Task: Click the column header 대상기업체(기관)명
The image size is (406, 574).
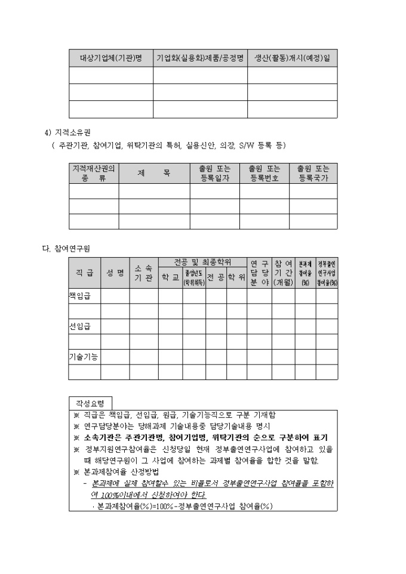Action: (110, 58)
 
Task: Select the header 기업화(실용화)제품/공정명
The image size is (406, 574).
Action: (200, 58)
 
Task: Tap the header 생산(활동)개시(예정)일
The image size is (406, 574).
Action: (292, 58)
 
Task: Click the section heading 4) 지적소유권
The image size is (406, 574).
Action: (72, 132)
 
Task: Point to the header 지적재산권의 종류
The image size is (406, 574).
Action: (93, 173)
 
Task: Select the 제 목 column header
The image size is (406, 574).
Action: (154, 173)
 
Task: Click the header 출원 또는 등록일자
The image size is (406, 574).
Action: (215, 173)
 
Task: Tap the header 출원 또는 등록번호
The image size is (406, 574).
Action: (264, 173)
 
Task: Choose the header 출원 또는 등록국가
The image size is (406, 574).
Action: (313, 173)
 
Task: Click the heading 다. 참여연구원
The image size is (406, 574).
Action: (65, 247)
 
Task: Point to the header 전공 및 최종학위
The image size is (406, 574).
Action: (202, 262)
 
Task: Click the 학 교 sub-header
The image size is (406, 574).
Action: (170, 278)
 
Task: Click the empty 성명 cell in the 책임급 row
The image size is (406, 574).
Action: (115, 295)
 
